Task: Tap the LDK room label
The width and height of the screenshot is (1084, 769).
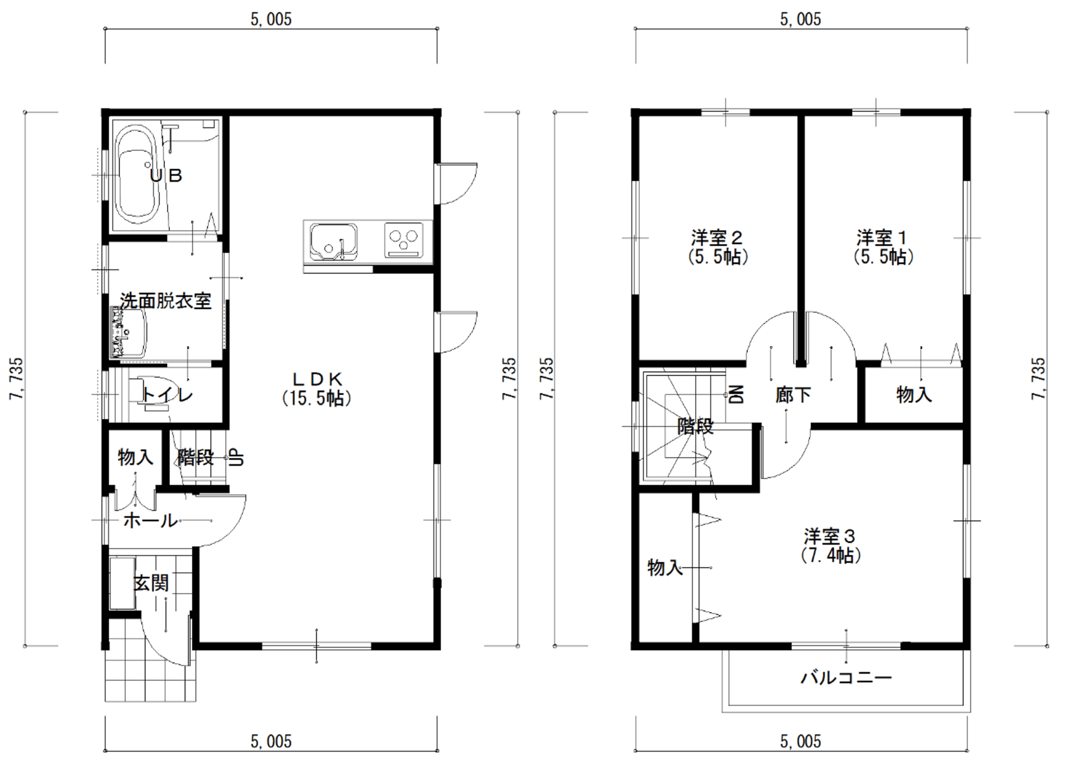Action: pos(317,379)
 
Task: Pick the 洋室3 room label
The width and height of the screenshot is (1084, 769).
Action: pos(830,537)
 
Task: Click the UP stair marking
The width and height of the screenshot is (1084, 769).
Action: pos(236,457)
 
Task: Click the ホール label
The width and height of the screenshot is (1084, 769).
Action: pos(150,521)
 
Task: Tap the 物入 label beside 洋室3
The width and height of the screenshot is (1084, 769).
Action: pos(665,567)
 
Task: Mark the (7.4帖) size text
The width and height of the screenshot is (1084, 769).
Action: pos(830,555)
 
